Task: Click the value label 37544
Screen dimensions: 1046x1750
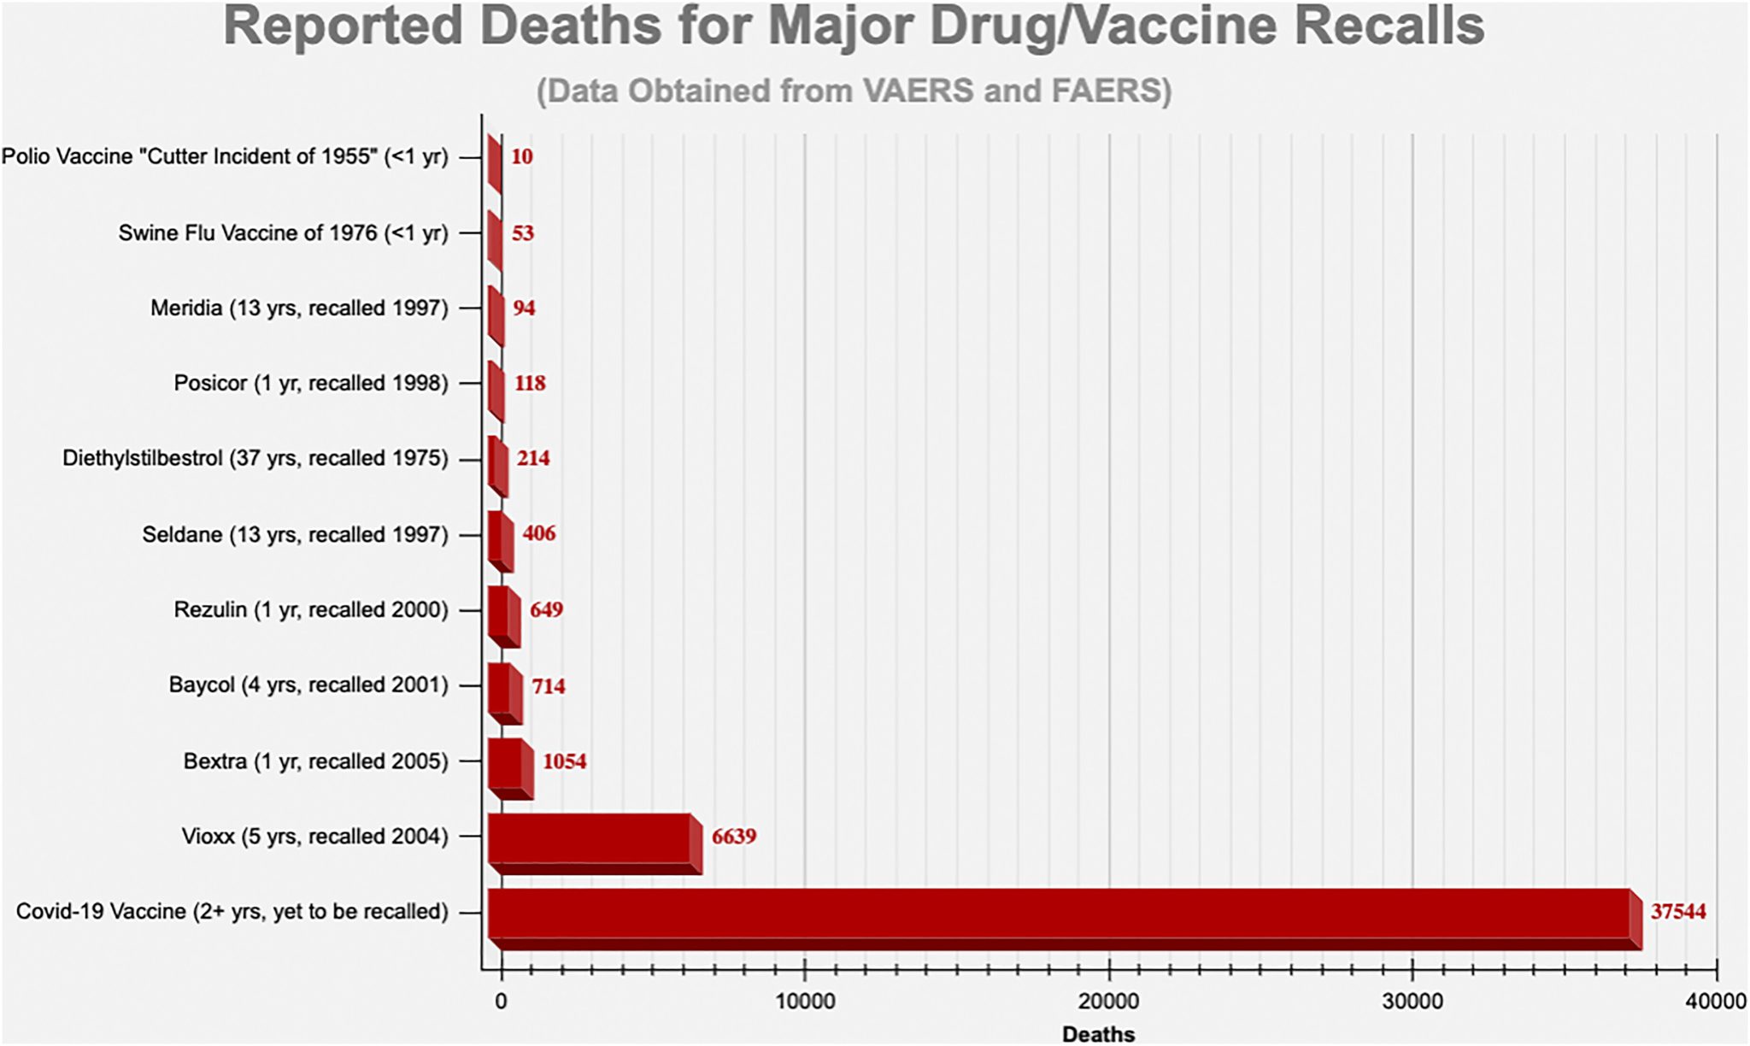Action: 1677,912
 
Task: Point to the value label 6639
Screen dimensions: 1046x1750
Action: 734,836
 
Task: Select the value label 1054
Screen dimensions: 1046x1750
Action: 565,761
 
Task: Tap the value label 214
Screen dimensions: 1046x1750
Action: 533,458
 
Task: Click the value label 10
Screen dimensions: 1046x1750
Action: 522,156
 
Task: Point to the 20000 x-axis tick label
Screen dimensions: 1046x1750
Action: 1108,1002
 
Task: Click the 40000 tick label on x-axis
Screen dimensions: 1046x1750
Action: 1716,1002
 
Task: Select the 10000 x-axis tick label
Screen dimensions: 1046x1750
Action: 804,1002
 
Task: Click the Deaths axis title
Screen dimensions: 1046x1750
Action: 1098,1034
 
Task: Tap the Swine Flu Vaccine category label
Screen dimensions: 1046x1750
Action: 283,233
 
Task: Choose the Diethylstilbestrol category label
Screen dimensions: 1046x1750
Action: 255,459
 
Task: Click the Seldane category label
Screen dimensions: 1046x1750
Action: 295,535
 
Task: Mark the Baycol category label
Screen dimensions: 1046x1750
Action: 308,685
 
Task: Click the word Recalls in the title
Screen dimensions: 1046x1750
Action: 1388,26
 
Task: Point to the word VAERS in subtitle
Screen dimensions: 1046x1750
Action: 917,91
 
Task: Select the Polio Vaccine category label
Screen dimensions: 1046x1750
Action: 225,157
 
